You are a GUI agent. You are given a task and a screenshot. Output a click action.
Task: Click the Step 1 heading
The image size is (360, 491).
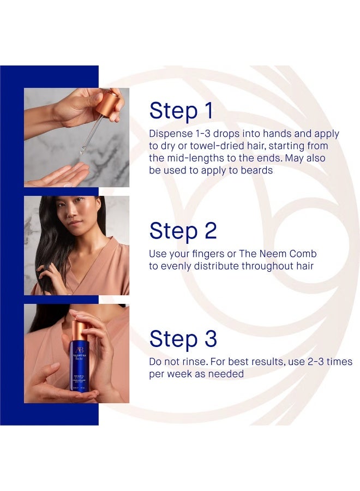181,111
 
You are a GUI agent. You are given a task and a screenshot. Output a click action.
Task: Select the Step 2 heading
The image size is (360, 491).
183,231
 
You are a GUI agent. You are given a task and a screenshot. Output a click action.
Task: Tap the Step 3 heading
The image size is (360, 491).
183,339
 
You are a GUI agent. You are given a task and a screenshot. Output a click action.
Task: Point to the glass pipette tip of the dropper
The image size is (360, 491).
82,151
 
